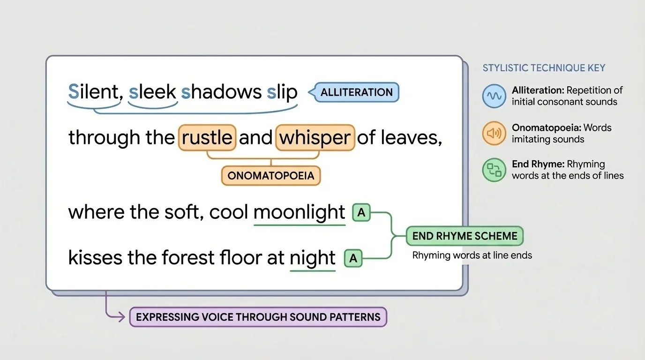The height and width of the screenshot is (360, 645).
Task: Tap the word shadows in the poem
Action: tap(219, 92)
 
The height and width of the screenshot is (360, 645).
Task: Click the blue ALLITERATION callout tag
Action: tap(356, 92)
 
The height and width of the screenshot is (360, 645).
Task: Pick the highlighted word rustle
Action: tap(207, 137)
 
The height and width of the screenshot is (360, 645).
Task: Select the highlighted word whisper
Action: tap(315, 137)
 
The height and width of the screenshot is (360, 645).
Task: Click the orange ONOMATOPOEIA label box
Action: tap(270, 176)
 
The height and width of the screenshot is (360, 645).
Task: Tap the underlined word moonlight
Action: tap(299, 212)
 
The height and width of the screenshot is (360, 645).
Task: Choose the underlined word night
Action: tap(313, 258)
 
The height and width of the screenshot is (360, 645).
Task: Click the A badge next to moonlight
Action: tap(361, 213)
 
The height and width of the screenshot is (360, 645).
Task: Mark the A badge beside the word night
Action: tap(353, 258)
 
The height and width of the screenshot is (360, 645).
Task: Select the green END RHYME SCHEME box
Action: tap(464, 236)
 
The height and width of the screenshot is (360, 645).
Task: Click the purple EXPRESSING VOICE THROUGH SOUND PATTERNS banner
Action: tap(258, 317)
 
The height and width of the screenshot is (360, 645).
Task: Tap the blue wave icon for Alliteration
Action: tap(494, 96)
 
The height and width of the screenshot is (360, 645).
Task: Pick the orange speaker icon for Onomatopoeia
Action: tap(494, 134)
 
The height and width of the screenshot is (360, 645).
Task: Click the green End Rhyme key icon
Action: tap(494, 170)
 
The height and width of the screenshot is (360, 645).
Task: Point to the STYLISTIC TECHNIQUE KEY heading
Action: tap(544, 68)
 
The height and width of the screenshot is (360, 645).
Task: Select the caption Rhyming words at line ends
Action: tap(472, 255)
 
